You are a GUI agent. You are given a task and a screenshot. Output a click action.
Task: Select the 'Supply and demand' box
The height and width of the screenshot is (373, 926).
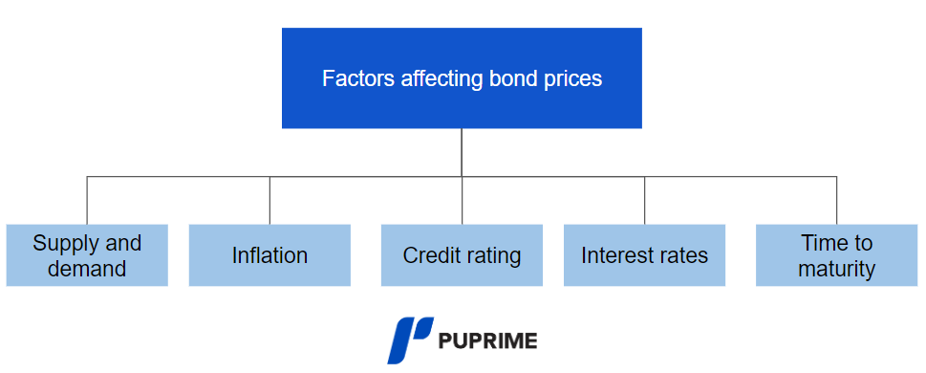[x=87, y=255]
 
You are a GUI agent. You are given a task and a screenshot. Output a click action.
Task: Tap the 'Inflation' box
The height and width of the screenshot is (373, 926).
[x=269, y=255]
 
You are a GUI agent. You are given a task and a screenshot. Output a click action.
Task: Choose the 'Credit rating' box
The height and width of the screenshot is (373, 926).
[x=462, y=255]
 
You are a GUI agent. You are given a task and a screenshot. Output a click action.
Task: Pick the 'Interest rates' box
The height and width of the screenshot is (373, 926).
[x=644, y=255]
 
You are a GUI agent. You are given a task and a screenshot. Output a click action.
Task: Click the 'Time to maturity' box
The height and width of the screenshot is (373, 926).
[x=836, y=255]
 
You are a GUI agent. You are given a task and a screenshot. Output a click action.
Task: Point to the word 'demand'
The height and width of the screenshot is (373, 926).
[x=87, y=269]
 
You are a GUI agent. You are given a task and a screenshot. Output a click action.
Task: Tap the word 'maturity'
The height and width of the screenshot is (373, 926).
[x=836, y=269]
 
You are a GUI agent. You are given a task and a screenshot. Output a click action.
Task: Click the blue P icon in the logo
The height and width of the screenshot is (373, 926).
[x=410, y=340]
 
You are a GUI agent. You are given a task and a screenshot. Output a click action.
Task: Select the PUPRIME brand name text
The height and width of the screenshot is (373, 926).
[x=487, y=340]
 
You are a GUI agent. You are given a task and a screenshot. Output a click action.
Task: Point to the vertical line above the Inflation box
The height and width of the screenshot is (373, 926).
[x=269, y=200]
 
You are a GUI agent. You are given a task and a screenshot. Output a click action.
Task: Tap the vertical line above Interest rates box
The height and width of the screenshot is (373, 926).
[x=644, y=200]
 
